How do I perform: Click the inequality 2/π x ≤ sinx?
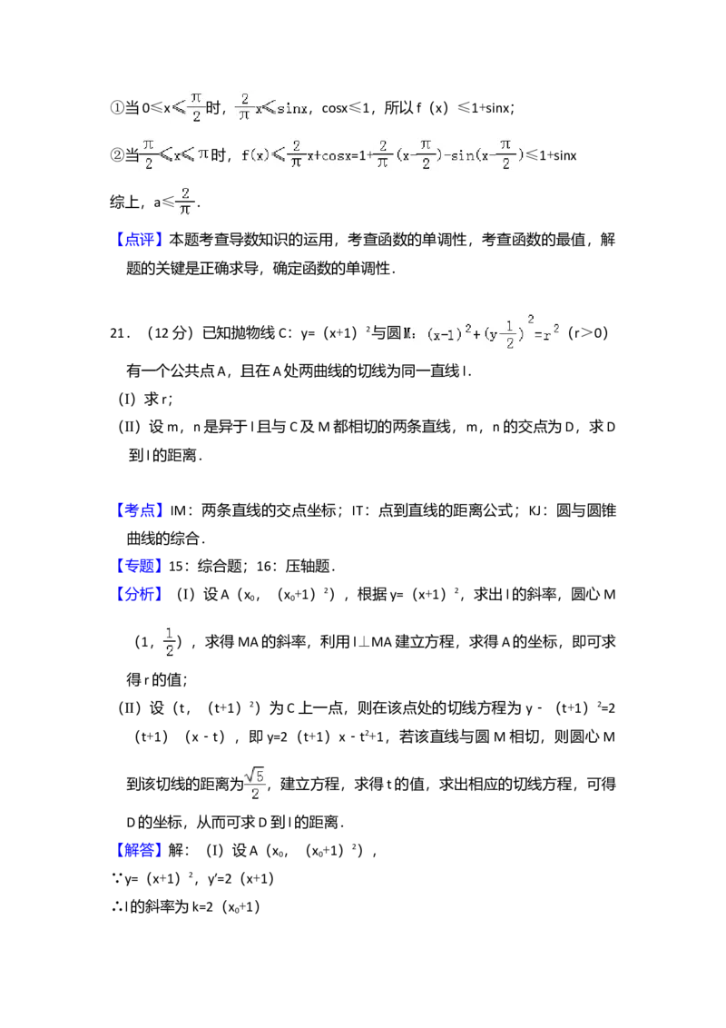[272, 106]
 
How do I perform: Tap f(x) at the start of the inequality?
[254, 154]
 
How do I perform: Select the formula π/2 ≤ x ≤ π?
[174, 153]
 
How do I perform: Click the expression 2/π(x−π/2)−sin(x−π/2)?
[450, 153]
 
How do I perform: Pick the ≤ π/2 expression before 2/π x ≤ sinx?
[189, 106]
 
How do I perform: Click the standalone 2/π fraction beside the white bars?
[184, 202]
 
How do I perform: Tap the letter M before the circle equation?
[407, 333]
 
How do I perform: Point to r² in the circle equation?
[551, 333]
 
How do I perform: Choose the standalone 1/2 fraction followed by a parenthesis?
[170, 640]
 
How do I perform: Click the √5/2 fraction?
[255, 784]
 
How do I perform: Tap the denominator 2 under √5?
[255, 795]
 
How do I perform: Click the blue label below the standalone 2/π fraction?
[141, 239]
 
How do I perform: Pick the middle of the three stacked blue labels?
[141, 566]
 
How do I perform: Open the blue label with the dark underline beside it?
[141, 849]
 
